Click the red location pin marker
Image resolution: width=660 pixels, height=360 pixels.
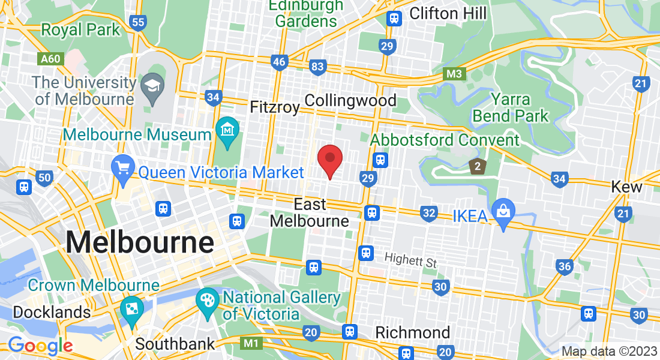(x=329, y=159)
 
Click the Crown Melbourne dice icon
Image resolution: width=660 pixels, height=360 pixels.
(x=131, y=308)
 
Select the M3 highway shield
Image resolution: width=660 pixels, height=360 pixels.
(x=455, y=74)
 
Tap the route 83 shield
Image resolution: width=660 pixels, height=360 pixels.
(x=317, y=67)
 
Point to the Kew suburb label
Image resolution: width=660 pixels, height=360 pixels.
(x=626, y=187)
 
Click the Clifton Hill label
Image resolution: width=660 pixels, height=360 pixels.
(x=448, y=14)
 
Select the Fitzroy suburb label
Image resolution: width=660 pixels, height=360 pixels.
(x=274, y=107)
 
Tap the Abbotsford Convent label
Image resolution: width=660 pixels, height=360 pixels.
(x=445, y=140)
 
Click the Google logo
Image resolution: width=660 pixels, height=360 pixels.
(x=40, y=346)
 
